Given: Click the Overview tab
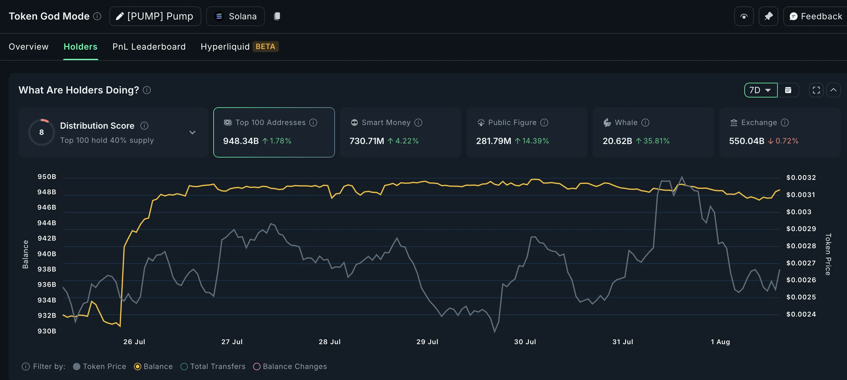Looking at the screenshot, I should [28, 47].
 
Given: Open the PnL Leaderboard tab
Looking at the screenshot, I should [149, 47].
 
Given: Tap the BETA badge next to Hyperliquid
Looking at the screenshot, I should [265, 47].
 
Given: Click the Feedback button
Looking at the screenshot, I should [816, 16].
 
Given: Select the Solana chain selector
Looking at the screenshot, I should [235, 16].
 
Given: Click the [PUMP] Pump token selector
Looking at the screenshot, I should [155, 16].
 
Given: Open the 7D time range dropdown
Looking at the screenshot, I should [761, 90].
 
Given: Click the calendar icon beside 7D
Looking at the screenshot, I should [788, 90].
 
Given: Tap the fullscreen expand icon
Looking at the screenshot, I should [816, 90].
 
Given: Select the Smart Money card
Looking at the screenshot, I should [400, 132].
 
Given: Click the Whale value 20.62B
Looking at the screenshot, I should [617, 141].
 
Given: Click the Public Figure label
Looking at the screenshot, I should [512, 123].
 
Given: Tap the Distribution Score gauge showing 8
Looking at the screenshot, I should [41, 132].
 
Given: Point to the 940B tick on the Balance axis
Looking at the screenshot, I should [47, 254].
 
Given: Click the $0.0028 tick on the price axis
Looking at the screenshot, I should [801, 246].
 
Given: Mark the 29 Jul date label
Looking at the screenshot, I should [427, 342].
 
